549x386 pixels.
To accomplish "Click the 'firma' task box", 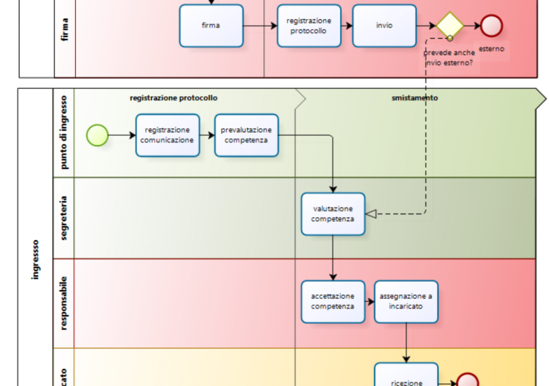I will coord(211,26).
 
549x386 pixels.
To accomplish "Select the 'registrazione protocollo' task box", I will coord(309,26).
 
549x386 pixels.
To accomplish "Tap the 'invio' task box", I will coord(384,26).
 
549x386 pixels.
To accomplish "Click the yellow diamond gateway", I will coord(449,26).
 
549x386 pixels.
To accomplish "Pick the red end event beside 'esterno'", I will coord(491,26).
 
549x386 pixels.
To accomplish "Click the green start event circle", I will coord(97,135).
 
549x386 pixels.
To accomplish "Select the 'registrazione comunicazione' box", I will coord(167,135).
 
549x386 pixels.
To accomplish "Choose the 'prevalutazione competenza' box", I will coord(247,135).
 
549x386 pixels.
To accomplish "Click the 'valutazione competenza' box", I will coord(333,214).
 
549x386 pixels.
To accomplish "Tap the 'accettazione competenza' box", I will coord(333,302).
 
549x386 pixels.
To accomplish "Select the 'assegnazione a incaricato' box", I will coord(406,302).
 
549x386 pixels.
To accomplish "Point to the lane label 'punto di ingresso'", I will coord(64,133).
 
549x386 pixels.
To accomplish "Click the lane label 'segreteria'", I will coord(64,218).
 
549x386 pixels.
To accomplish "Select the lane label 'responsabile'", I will coord(64,303).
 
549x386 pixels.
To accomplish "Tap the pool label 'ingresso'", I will coord(35,259).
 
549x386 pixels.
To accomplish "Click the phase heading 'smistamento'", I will coord(414,98).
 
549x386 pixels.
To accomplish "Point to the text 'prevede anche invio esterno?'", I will coord(449,58).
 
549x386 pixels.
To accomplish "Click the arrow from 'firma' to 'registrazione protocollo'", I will coord(260,26).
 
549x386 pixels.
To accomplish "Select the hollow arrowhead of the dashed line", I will coord(370,214).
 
